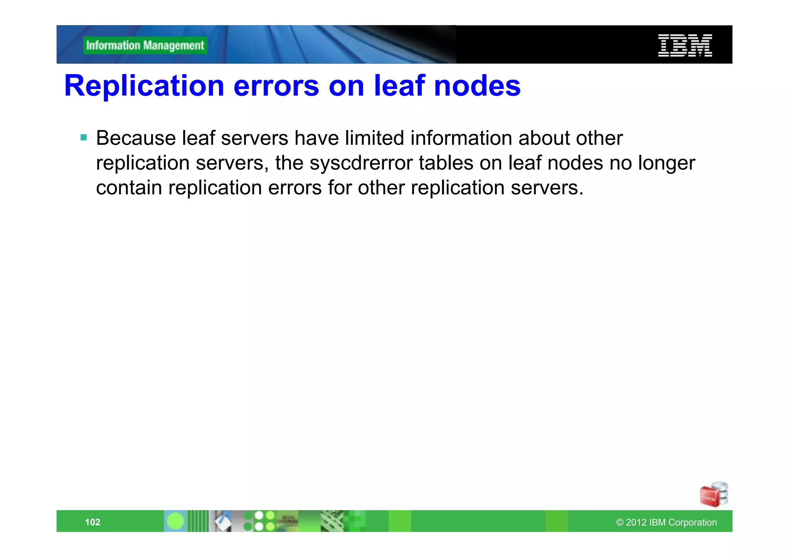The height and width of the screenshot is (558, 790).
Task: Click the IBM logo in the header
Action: tap(685, 46)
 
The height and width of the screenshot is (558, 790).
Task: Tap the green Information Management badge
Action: tap(145, 46)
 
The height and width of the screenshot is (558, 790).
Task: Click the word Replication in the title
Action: tap(144, 86)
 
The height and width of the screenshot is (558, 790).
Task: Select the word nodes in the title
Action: tap(477, 86)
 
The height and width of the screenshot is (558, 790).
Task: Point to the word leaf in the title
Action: tap(399, 86)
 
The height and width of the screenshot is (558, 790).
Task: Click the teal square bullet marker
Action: tap(84, 137)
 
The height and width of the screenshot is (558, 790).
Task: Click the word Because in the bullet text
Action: tap(136, 138)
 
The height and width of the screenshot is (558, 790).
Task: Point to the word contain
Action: tap(129, 188)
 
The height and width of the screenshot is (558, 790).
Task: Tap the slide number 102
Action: tap(93, 522)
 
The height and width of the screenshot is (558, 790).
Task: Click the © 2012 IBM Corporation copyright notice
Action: tap(666, 523)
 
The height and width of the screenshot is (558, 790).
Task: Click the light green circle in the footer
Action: tap(176, 521)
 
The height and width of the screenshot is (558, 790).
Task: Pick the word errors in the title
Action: tap(276, 86)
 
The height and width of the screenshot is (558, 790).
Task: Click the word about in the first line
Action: tap(544, 138)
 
